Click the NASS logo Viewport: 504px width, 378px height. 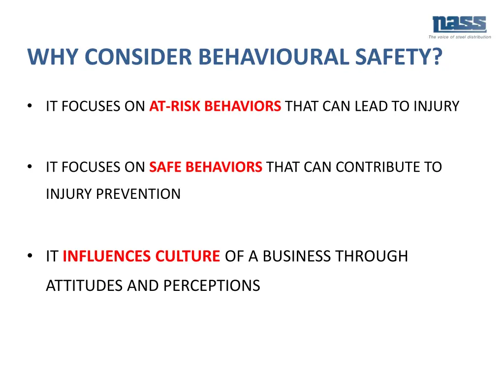click(459, 24)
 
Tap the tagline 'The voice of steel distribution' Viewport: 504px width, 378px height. click(459, 37)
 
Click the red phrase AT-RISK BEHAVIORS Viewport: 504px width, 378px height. click(215, 106)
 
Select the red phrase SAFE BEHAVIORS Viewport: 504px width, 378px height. click(206, 167)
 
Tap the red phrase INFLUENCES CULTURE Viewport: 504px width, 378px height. click(141, 256)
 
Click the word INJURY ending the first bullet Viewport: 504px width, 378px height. click(437, 106)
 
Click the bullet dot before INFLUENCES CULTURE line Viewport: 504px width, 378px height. click(31, 256)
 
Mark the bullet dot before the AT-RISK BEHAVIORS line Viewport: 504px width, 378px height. click(31, 106)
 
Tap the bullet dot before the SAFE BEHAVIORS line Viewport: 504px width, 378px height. click(31, 167)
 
